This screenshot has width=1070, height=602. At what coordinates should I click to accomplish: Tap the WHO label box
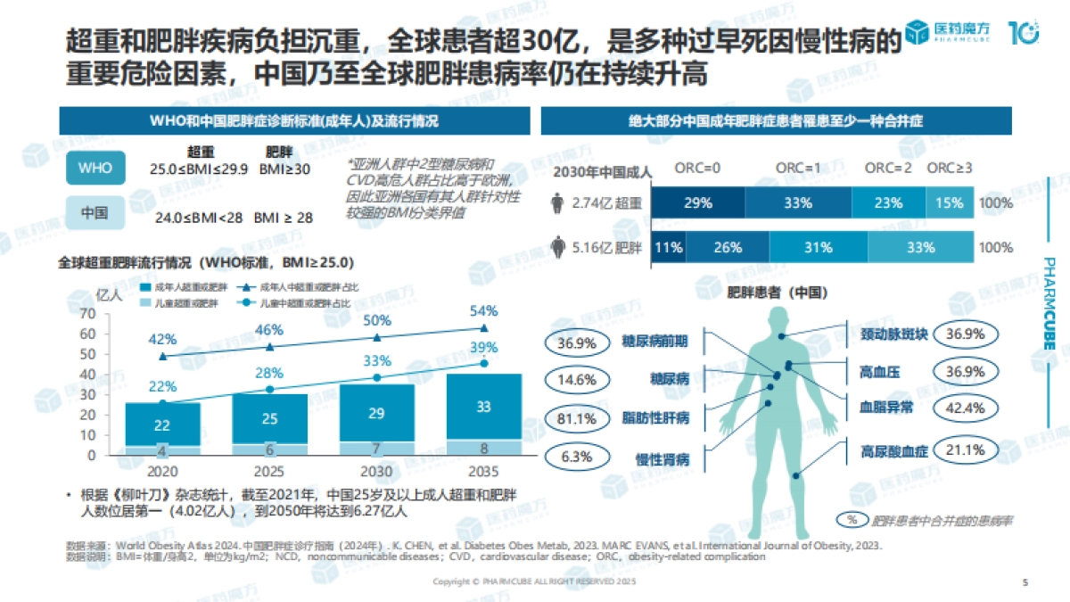pyautogui.click(x=95, y=167)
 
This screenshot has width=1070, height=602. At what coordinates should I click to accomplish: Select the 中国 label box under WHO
pyautogui.click(x=95, y=213)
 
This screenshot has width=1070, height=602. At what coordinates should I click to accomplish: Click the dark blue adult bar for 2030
pyautogui.click(x=376, y=413)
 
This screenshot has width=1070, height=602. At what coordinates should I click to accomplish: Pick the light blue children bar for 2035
pyautogui.click(x=484, y=447)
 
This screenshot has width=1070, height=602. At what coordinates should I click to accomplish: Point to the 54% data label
pyautogui.click(x=483, y=311)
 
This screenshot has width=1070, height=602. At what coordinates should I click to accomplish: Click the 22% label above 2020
pyautogui.click(x=161, y=385)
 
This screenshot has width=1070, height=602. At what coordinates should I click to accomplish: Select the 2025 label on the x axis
pyautogui.click(x=268, y=471)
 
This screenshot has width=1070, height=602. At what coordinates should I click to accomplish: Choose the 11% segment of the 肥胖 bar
pyautogui.click(x=667, y=248)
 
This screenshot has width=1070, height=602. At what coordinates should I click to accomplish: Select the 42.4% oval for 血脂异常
pyautogui.click(x=964, y=408)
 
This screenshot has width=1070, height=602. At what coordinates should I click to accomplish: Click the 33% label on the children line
pyautogui.click(x=376, y=360)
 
